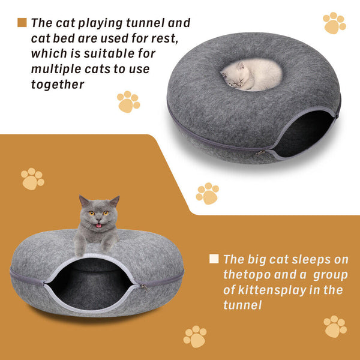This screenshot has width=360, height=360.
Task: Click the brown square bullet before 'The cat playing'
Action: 22,23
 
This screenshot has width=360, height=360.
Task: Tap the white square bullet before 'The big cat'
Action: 214,259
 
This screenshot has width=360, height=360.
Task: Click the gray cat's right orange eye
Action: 106,213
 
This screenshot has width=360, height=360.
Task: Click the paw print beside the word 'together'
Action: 128,102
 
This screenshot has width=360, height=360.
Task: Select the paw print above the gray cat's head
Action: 32,178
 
